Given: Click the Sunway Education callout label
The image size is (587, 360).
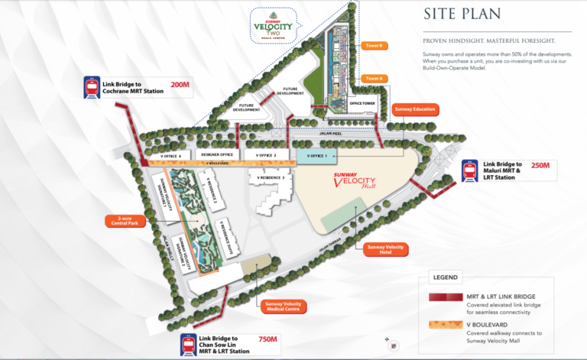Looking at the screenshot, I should [x=413, y=110].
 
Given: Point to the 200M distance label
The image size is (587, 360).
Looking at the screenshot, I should [x=180, y=84].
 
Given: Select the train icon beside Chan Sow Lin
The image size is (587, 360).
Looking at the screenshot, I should [x=189, y=345].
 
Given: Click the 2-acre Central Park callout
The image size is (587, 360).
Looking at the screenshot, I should [x=125, y=222].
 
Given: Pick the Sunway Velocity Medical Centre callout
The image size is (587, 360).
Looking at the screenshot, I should [x=284, y=306].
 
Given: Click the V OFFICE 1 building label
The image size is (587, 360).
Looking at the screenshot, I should [x=316, y=156].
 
